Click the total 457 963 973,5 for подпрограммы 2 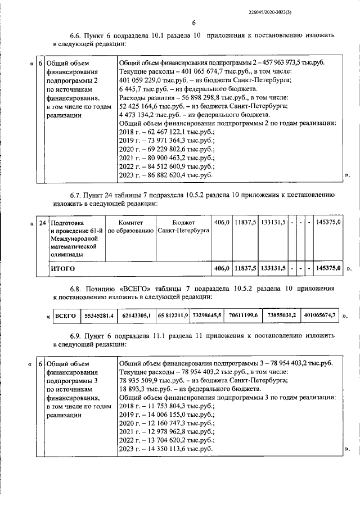(x=294, y=62)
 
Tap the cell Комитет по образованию (x=130, y=227)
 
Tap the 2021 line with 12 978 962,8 (x=167, y=431)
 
